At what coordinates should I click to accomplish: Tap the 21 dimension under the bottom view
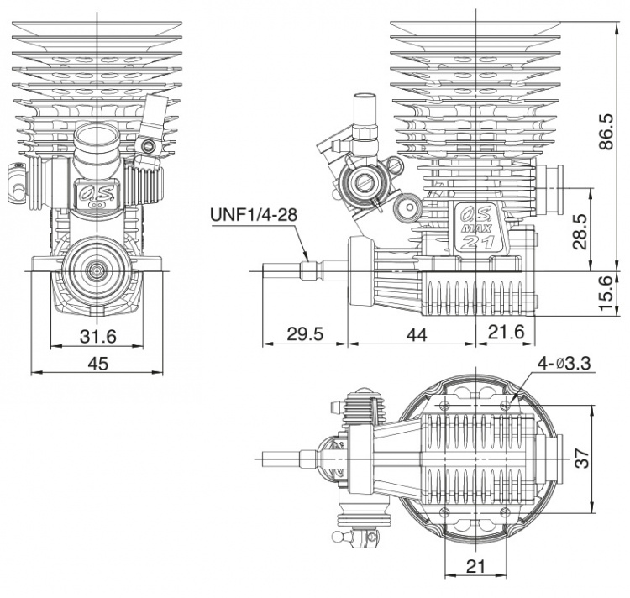[x=475, y=566]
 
